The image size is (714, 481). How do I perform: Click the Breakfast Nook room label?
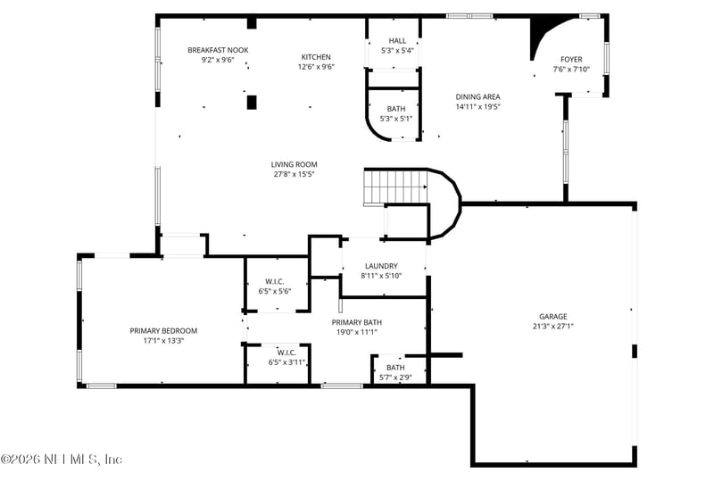pos(218,50)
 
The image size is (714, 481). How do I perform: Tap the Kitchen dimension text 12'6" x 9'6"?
pos(316,66)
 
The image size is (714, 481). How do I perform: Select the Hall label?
pos(397,41)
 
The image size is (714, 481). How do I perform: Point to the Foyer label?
pos(571,59)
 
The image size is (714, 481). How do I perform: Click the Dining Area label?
pos(477,96)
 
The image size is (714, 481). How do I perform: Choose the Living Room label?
pos(295,164)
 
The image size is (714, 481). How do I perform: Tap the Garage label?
pos(552,316)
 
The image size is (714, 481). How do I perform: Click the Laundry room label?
pos(381,266)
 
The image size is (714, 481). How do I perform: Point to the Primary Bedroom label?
pos(163,330)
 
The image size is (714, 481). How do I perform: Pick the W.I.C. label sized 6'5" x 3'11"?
pos(286,352)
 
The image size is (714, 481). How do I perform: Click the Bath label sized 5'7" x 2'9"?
pos(394,368)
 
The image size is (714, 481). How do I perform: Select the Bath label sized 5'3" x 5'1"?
pos(395,109)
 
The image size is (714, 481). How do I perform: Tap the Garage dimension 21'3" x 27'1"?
pos(552,326)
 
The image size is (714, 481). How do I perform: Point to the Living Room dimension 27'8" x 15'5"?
pos(295,174)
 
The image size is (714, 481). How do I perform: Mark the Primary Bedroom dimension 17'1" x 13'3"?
pos(163,340)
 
